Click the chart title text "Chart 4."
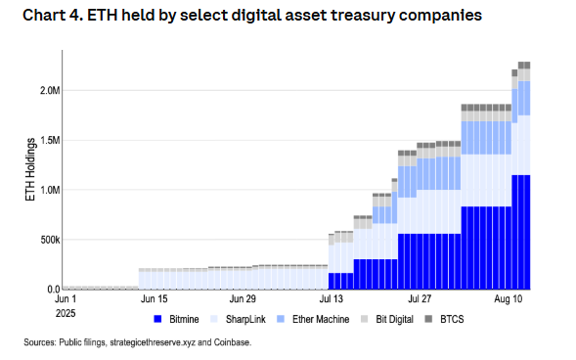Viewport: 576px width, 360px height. pyautogui.click(x=42, y=17)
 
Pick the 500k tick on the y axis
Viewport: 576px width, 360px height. pyautogui.click(x=51, y=240)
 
